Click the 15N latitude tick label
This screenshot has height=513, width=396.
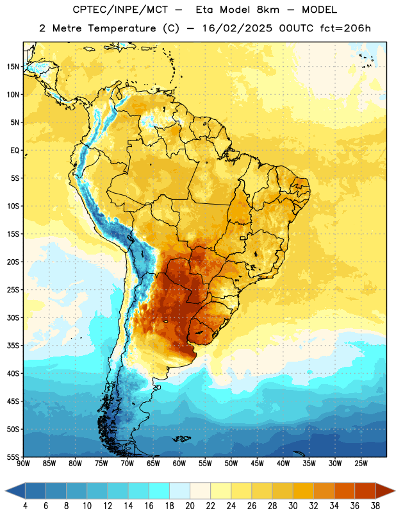(13, 67)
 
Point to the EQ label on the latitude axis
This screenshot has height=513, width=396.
(15, 151)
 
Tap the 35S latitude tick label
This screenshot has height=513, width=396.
(13, 346)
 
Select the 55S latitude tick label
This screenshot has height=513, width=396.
(13, 457)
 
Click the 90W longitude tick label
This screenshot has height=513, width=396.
(23, 464)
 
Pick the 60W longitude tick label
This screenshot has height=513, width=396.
(179, 464)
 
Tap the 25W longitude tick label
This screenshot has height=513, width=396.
(361, 464)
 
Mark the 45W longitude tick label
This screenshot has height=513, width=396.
(257, 464)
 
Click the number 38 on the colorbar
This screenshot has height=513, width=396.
(375, 506)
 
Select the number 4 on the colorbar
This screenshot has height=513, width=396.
(25, 506)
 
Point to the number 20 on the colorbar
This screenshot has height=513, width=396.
(190, 506)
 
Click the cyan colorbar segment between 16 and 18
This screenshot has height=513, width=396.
(160, 491)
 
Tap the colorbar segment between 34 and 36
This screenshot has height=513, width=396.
(345, 491)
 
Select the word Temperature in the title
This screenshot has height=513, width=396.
(122, 28)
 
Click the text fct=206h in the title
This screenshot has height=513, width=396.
(345, 28)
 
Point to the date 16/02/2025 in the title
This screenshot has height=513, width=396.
(236, 28)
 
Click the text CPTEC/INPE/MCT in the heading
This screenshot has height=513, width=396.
(120, 10)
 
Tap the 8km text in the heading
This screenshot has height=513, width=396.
(268, 10)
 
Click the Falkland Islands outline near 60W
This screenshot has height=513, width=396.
(181, 439)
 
